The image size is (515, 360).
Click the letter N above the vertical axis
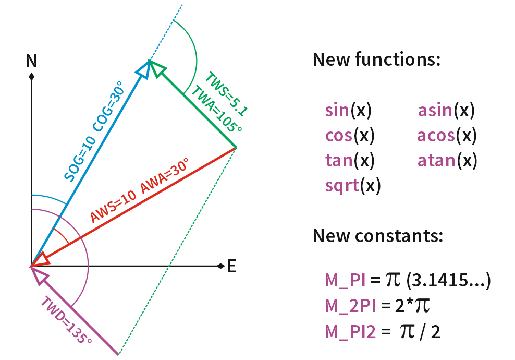click(32, 62)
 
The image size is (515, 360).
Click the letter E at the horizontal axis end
click(231, 267)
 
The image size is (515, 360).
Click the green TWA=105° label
click(215, 111)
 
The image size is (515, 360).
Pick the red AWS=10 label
click(113, 207)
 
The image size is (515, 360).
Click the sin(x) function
click(348, 111)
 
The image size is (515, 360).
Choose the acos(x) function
click(447, 136)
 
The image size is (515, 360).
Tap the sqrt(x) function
click(352, 186)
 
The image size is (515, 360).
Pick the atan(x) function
click(447, 161)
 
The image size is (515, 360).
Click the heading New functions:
click(376, 59)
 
